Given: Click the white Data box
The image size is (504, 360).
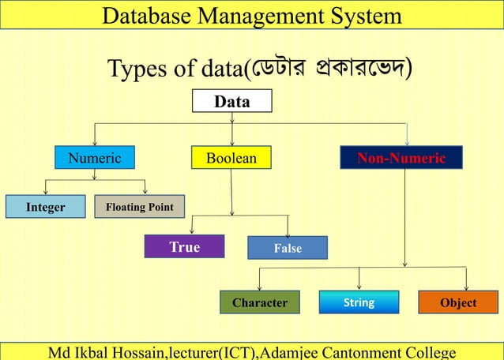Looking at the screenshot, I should coord(232,102).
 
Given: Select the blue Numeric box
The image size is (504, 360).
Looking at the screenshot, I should coord(94,158).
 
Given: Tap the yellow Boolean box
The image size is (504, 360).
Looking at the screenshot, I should coord(231,158).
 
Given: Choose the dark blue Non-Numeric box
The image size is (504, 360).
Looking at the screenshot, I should coord(401,158).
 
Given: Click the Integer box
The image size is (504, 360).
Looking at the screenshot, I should coord(45,207).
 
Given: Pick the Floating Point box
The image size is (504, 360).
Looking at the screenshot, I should coord(139,207).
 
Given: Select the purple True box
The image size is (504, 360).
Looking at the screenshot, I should coord(185,247).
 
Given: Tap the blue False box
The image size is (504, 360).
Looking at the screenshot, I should coord(287,248).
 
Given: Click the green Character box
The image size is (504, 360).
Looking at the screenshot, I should coord(260,302).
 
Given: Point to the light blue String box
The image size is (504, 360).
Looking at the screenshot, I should coord(359,302).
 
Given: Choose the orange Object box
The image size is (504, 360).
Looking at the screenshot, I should coord(458,302).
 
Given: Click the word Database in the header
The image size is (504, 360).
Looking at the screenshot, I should coord(148,15).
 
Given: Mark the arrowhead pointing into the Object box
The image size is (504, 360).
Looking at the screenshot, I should coord(466,287).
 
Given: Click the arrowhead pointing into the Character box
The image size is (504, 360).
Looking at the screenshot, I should coord(259,287).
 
